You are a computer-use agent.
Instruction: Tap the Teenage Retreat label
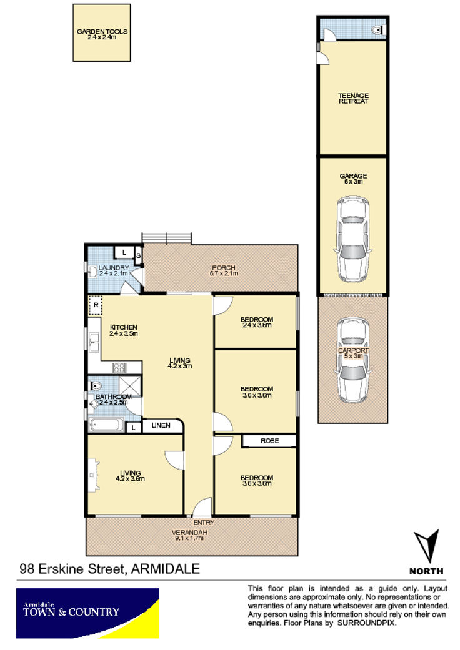(353, 98)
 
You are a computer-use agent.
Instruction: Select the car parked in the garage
(352, 239)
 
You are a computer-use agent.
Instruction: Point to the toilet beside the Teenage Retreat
(378, 30)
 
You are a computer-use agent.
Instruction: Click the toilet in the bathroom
(96, 386)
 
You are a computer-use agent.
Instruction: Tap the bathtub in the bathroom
(106, 425)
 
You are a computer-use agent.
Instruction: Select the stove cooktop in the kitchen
(119, 367)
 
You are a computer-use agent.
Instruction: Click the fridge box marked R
(96, 305)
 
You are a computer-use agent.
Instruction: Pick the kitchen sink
(94, 342)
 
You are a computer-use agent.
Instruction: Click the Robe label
(269, 441)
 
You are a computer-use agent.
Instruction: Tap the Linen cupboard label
(161, 425)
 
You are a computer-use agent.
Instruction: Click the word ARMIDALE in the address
(166, 569)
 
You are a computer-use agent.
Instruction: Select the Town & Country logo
(87, 613)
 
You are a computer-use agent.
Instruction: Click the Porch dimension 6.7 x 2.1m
(224, 273)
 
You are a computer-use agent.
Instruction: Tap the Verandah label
(189, 532)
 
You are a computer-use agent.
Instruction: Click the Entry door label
(204, 523)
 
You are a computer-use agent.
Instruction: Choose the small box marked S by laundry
(139, 256)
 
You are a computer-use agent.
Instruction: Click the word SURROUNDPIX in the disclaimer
(366, 623)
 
